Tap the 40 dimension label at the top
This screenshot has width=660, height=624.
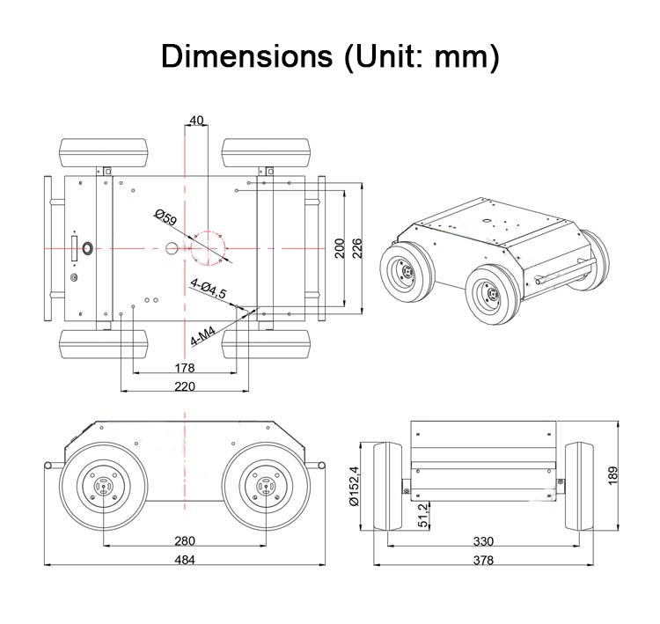196,121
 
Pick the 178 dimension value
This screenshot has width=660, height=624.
184,367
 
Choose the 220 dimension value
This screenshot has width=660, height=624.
184,385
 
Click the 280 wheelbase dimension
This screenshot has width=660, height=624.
184,541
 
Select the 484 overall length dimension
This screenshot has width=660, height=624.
184,560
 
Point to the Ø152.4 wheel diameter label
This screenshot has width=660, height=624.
355,486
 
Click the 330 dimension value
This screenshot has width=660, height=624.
482,541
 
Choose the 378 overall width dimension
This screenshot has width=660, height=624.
482,560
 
